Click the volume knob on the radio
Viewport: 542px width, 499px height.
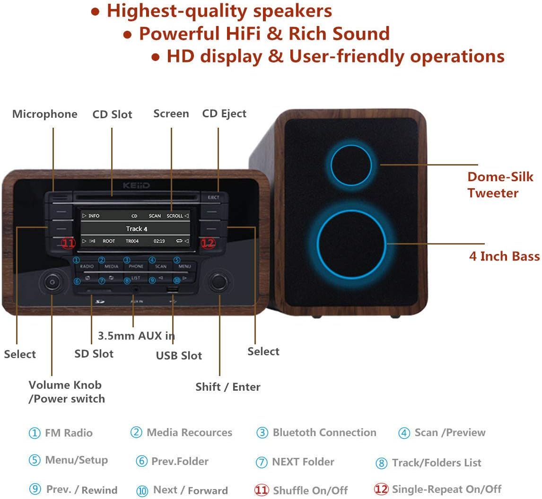[51, 282]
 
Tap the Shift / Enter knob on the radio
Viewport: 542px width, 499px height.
[219, 282]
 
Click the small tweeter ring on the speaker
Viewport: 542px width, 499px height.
[351, 165]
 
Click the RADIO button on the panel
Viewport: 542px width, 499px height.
[87, 266]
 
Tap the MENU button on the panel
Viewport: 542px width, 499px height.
[184, 266]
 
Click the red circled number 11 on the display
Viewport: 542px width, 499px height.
[68, 243]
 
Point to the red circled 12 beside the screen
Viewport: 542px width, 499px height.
[208, 243]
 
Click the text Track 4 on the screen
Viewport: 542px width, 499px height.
[136, 229]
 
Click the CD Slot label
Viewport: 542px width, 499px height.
[112, 114]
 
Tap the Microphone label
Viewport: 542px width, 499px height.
[45, 114]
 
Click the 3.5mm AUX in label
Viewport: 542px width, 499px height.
[136, 336]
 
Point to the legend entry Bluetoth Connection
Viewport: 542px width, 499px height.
[324, 433]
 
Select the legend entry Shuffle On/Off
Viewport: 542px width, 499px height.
[310, 490]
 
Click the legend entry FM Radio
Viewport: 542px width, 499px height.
[69, 433]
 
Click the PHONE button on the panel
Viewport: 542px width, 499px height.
[136, 266]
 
